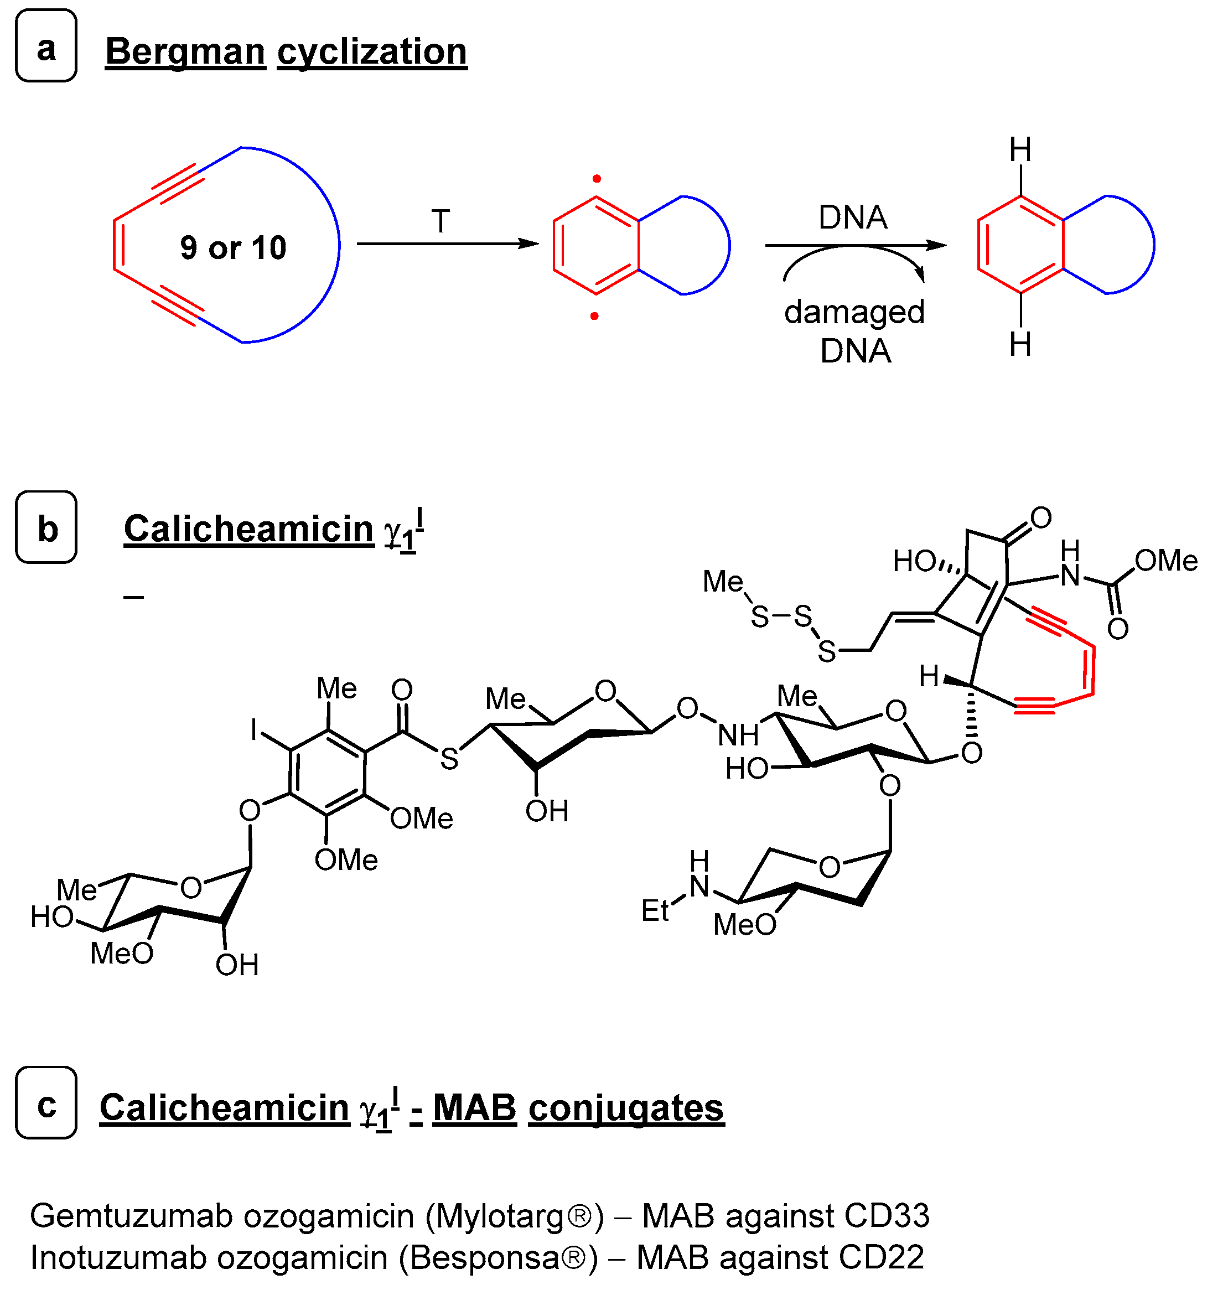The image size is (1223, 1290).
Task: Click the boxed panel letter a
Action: pos(45,47)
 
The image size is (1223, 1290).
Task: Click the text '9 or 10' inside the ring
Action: pos(233,248)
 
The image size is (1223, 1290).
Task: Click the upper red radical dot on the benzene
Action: pos(596,179)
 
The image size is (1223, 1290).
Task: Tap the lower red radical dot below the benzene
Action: pos(594,316)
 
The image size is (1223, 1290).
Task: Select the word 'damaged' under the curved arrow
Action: pos(854,312)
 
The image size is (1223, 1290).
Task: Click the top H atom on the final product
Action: pos(1020,151)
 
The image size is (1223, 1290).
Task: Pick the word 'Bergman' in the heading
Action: pos(185,51)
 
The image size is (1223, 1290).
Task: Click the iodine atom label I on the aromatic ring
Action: pos(254,730)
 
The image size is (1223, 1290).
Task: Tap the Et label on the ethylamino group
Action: pos(655,910)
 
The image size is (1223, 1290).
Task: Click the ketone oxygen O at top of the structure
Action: pos(1040,517)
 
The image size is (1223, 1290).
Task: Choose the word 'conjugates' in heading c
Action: pos(626,1108)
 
